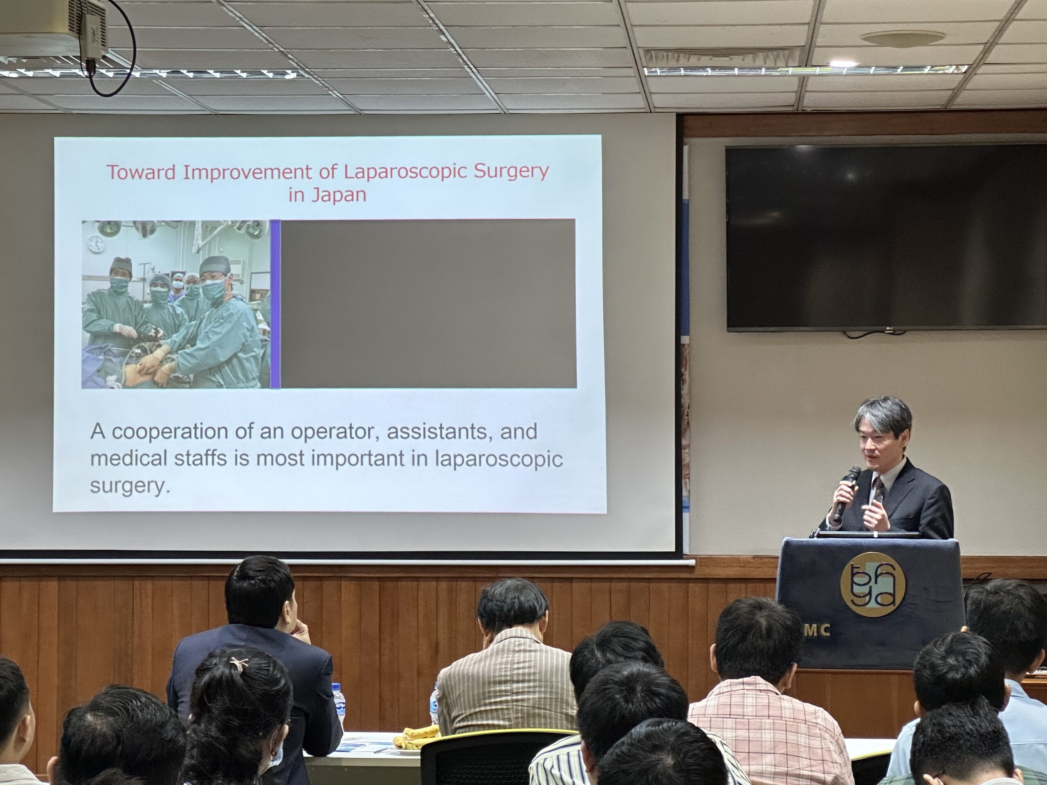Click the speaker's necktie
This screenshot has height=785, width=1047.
point(878,490)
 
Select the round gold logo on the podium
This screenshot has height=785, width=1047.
point(873,585)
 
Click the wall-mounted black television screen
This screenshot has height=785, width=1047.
point(885,238)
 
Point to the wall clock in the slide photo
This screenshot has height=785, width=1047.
point(96,244)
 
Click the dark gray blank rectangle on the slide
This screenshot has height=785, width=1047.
point(428,304)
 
